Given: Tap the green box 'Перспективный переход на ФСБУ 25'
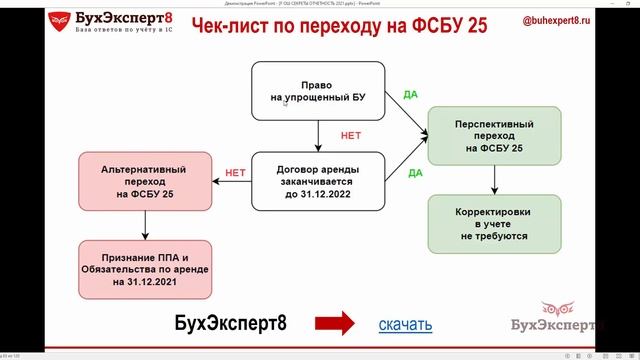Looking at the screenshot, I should click(x=493, y=137).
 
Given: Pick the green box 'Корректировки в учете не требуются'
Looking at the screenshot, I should click(x=493, y=223).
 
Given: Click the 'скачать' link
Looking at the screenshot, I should click(x=405, y=323).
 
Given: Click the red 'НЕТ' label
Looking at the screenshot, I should click(x=236, y=171).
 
